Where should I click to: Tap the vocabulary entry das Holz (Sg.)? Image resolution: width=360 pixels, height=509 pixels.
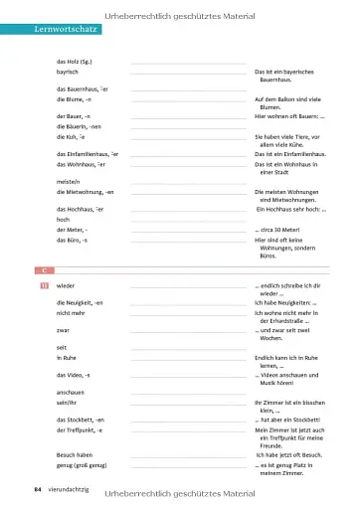(76, 62)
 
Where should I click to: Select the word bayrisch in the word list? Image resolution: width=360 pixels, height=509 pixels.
(69, 72)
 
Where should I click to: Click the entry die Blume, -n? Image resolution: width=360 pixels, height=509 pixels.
(75, 99)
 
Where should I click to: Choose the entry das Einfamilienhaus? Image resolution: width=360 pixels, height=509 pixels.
(88, 155)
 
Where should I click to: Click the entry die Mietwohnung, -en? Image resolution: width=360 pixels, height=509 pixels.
(86, 191)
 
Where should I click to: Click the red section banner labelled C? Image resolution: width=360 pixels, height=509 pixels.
(44, 270)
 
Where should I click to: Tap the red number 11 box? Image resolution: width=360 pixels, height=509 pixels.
(44, 284)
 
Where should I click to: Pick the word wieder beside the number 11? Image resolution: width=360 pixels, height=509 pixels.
(67, 284)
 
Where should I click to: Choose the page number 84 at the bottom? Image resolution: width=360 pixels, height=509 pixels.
(37, 489)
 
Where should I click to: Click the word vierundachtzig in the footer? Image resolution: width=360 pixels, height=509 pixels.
(67, 489)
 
